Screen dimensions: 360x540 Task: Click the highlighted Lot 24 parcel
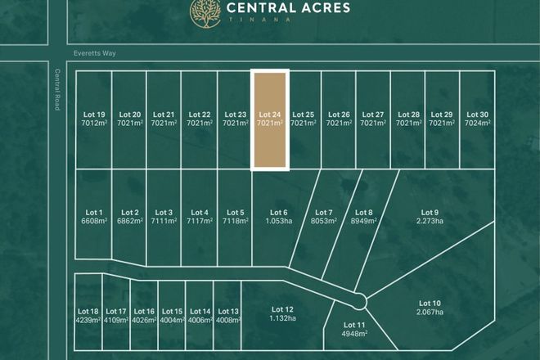270,120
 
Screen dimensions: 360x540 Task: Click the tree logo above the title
204,11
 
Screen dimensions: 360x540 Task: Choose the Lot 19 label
94,115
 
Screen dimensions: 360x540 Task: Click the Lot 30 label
477,115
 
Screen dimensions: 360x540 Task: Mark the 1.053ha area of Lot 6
279,221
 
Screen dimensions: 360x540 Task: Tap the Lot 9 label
430,212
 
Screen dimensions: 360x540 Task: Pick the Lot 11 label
356,326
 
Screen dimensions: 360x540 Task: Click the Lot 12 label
279,308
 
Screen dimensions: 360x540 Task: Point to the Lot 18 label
88,311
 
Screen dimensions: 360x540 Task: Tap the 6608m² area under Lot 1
95,221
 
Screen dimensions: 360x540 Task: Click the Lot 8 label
365,213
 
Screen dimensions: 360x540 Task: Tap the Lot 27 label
373,115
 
